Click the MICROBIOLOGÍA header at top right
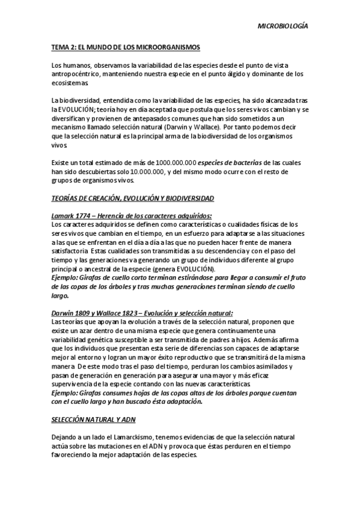coord(282,26)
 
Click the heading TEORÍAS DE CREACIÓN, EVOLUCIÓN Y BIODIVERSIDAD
coord(132,198)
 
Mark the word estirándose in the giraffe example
coord(195,278)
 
